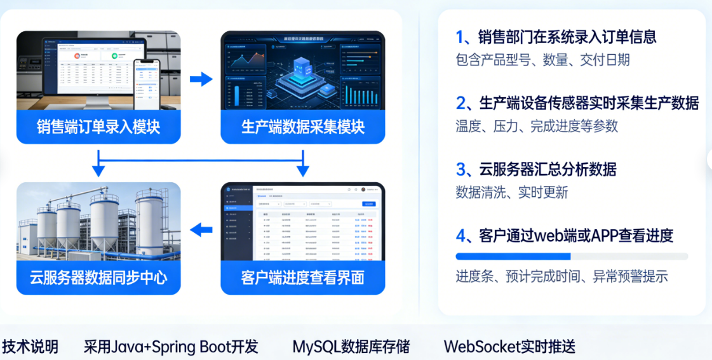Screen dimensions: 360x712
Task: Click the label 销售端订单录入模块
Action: coord(98,127)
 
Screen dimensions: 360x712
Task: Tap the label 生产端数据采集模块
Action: coord(303,127)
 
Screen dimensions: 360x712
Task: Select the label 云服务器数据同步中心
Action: coord(98,278)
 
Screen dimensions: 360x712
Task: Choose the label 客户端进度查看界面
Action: coord(303,278)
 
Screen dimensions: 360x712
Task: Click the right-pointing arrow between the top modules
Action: coord(201,79)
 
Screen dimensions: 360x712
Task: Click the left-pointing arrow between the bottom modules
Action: coord(201,230)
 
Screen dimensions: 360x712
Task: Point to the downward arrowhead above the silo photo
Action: coord(98,170)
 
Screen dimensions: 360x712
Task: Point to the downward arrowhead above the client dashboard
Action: coord(303,170)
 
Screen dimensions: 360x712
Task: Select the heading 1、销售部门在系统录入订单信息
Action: coord(556,37)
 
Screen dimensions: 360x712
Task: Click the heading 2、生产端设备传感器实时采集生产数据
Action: coord(577,103)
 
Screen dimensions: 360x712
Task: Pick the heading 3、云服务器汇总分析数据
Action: coord(535,170)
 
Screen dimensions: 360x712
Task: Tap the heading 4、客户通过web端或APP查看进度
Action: coord(564,236)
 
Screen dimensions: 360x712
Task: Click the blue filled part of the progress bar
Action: coord(513,257)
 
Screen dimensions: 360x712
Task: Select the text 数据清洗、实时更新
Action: coord(511,192)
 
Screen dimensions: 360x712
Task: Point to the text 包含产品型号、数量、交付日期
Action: coord(542,60)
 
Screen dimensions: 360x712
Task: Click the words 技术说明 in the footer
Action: coord(30,347)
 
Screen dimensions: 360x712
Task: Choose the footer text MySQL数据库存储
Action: coord(351,347)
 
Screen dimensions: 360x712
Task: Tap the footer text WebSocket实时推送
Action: coord(509,347)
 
